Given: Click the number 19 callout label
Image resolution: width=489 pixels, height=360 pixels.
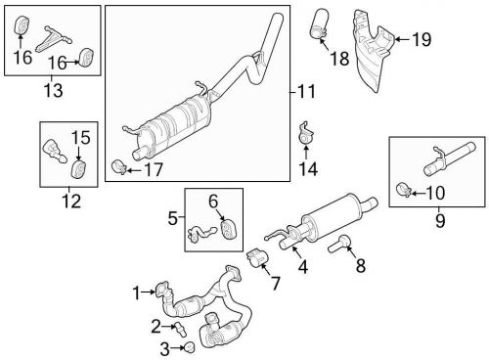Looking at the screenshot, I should [x=422, y=39].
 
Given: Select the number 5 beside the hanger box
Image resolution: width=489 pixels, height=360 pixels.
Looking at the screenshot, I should [x=173, y=218].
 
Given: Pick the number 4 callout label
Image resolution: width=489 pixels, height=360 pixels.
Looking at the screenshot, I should [x=301, y=266].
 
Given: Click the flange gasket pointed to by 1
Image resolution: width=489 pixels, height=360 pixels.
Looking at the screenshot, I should [x=163, y=290].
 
